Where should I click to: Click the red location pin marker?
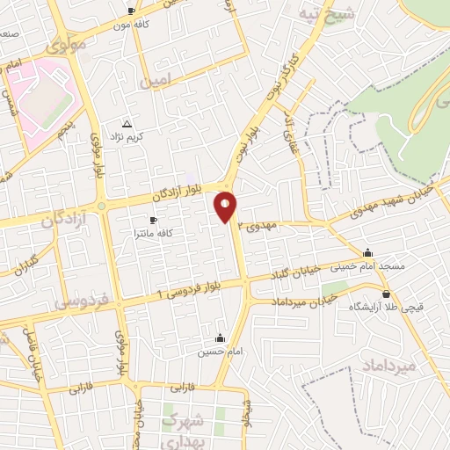226,207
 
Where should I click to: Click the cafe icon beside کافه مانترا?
154,220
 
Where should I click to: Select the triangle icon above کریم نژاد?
128,124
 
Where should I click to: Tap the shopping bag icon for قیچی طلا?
386,294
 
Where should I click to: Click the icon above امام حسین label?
220,338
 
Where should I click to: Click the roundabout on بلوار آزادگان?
102,206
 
